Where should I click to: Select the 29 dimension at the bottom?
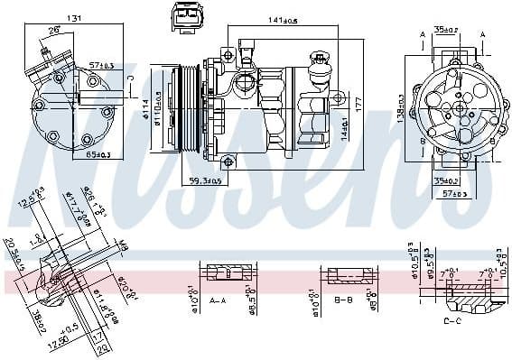[x=101, y=347]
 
